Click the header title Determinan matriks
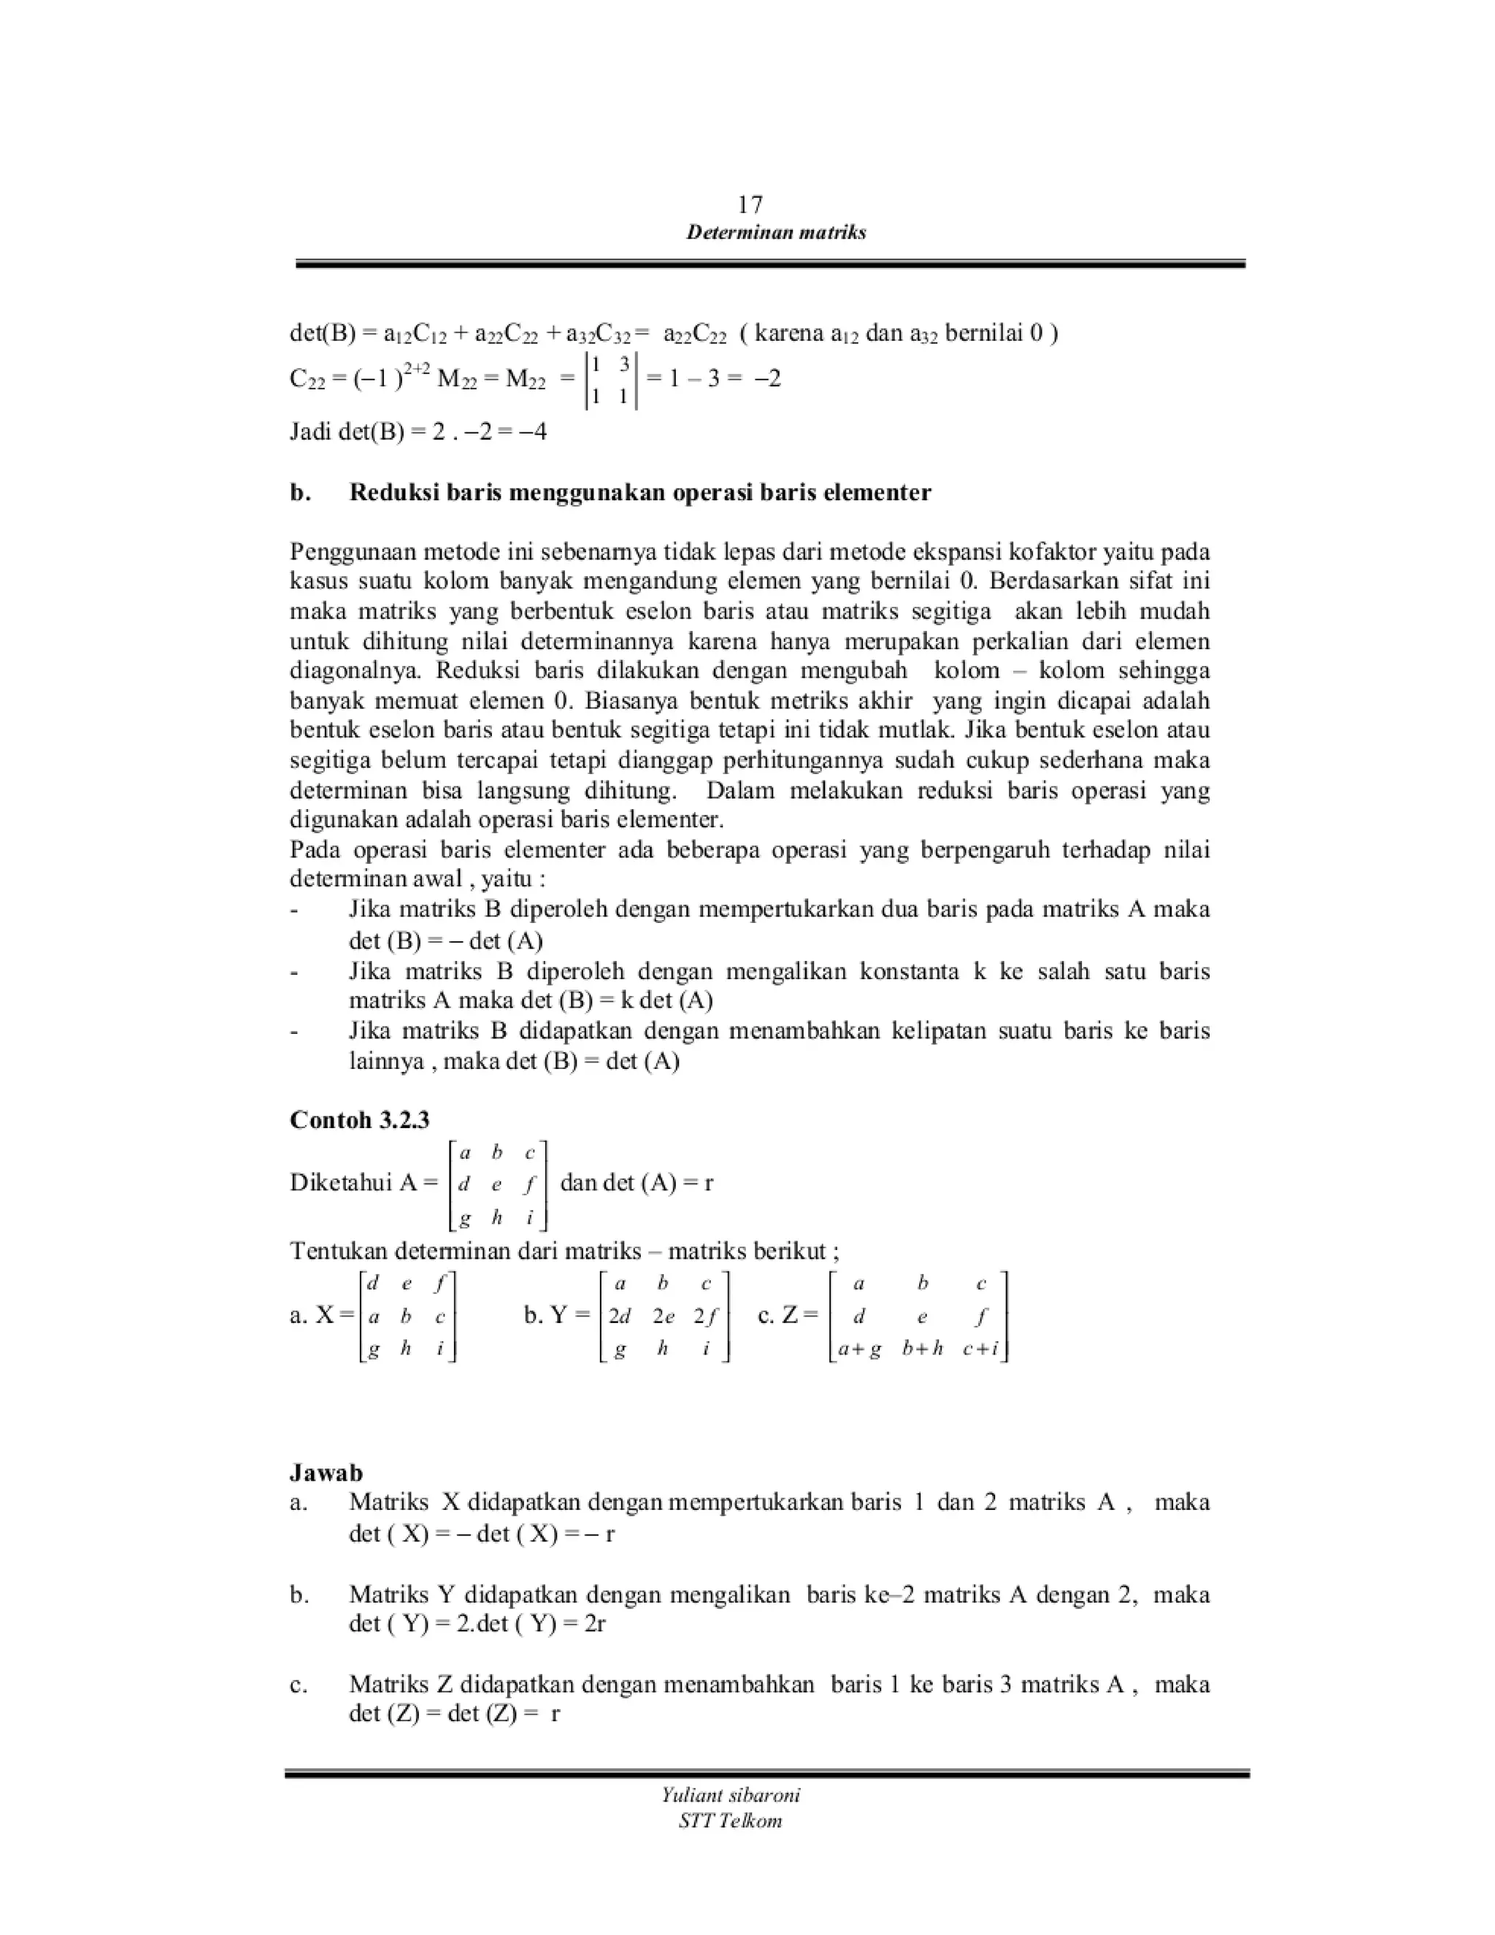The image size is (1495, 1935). click(776, 233)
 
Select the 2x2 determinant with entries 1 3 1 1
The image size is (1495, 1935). click(610, 380)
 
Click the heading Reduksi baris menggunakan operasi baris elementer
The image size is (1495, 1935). click(639, 493)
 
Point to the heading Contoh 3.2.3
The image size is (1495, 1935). click(360, 1120)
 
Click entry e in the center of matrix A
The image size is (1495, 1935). click(496, 1184)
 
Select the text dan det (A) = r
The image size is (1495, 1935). click(637, 1183)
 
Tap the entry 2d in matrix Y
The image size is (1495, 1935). click(620, 1317)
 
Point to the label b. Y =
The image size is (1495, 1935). click(556, 1316)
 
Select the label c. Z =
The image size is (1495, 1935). click(788, 1316)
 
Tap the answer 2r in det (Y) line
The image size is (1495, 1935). click(594, 1624)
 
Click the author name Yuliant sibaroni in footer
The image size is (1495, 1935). click(731, 1795)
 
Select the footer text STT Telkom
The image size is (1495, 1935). click(731, 1820)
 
